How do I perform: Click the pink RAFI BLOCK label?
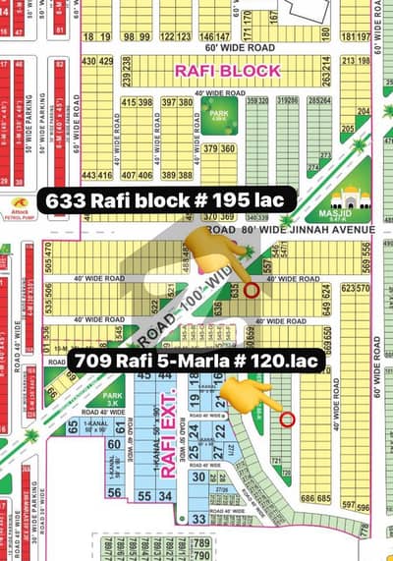click(x=227, y=71)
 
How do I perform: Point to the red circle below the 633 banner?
click(x=252, y=291)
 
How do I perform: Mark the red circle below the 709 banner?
click(x=286, y=420)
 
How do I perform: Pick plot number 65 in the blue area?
click(x=72, y=425)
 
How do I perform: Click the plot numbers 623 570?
click(x=355, y=289)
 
